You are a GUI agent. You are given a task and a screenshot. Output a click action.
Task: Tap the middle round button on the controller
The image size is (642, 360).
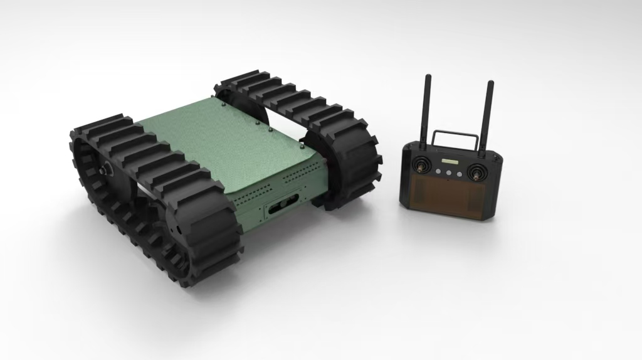(450, 173)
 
